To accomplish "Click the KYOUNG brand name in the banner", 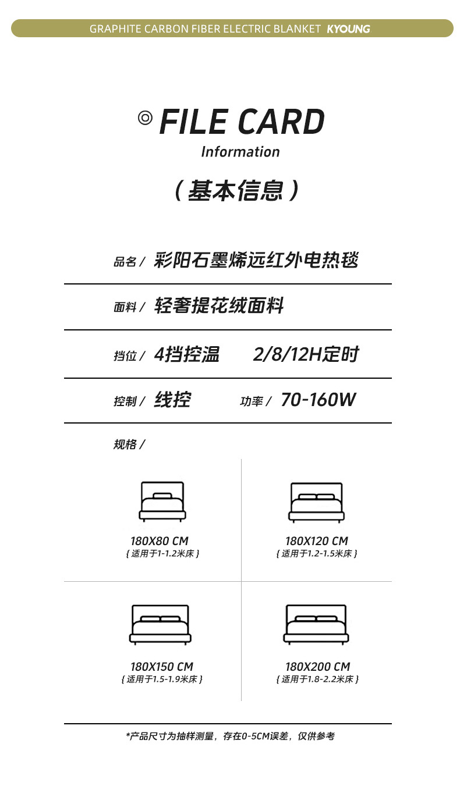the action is click(x=348, y=29).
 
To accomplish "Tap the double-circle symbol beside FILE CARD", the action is click(x=145, y=118).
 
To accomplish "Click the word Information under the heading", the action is click(x=240, y=152).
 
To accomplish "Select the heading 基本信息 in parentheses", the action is click(x=238, y=190).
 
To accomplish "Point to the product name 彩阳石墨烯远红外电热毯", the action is click(x=256, y=259).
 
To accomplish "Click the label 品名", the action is click(x=125, y=262).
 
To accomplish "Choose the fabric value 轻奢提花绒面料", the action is click(x=219, y=305).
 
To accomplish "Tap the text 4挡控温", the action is click(x=187, y=354).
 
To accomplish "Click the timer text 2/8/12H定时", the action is click(x=306, y=354).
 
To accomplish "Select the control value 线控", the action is click(x=172, y=400).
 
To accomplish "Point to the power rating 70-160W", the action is click(x=318, y=400).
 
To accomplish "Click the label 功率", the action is click(x=252, y=401).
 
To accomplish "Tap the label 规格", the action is click(x=126, y=444).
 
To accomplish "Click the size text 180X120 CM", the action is click(x=316, y=541).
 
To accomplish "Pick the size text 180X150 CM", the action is click(x=161, y=667).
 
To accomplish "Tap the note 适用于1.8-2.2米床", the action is click(x=317, y=679).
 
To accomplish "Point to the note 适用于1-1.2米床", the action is click(x=162, y=553).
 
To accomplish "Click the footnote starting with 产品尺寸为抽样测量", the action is click(x=231, y=737).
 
